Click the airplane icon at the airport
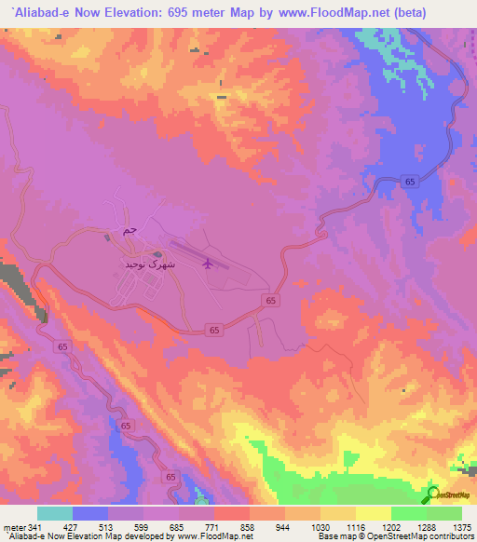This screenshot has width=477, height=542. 208,264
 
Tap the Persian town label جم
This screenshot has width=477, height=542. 129,229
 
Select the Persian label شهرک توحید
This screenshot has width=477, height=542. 145,264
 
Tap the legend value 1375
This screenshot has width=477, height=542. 461,526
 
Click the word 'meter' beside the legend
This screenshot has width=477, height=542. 14,526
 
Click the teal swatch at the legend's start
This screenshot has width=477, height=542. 55,513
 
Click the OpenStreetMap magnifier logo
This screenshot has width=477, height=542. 432,495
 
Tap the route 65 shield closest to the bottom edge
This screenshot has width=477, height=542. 170,477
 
